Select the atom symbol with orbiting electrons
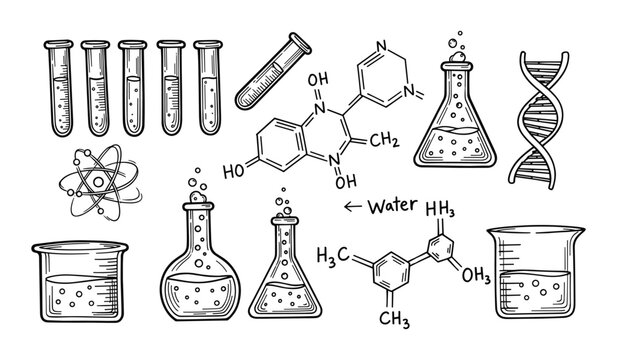98,180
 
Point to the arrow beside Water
351,207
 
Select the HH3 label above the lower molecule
441,209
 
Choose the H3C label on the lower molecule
332,252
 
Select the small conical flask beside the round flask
284,275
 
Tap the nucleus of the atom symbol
98,180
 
